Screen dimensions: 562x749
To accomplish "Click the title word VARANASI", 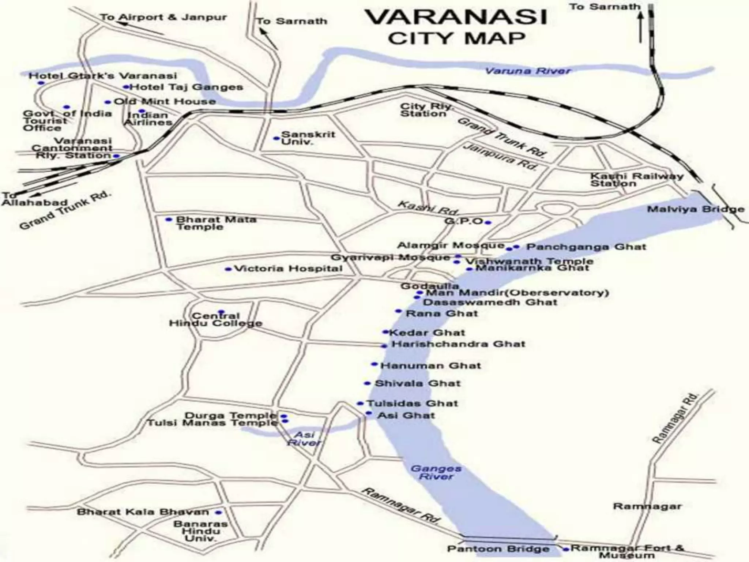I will tap(456, 17).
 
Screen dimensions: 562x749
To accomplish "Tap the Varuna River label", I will tap(527, 71).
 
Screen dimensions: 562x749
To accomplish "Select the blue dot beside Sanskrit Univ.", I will tap(276, 138).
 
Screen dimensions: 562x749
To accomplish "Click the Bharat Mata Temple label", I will tap(216, 223).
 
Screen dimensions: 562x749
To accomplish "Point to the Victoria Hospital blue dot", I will tap(228, 269).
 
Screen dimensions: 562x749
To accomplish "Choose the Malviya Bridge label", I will tap(695, 210).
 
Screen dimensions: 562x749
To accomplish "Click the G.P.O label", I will tap(464, 221).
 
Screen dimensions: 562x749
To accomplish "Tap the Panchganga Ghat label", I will tap(586, 247).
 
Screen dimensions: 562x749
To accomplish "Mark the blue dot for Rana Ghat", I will tap(398, 311).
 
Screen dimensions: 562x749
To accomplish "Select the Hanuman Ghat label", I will tap(430, 366).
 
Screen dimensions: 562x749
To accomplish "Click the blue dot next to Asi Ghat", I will tap(369, 413).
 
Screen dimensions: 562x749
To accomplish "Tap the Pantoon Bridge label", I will tap(498, 549).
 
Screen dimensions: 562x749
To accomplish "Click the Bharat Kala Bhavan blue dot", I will tap(219, 513).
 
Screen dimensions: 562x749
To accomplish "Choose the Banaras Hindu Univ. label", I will tap(200, 531).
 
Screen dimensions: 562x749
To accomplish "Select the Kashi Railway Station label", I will tap(636, 180).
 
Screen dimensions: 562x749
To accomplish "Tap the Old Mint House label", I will tap(165, 101).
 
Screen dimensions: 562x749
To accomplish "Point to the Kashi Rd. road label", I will tap(428, 208).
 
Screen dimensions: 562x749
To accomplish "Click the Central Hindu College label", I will tap(215, 320).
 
